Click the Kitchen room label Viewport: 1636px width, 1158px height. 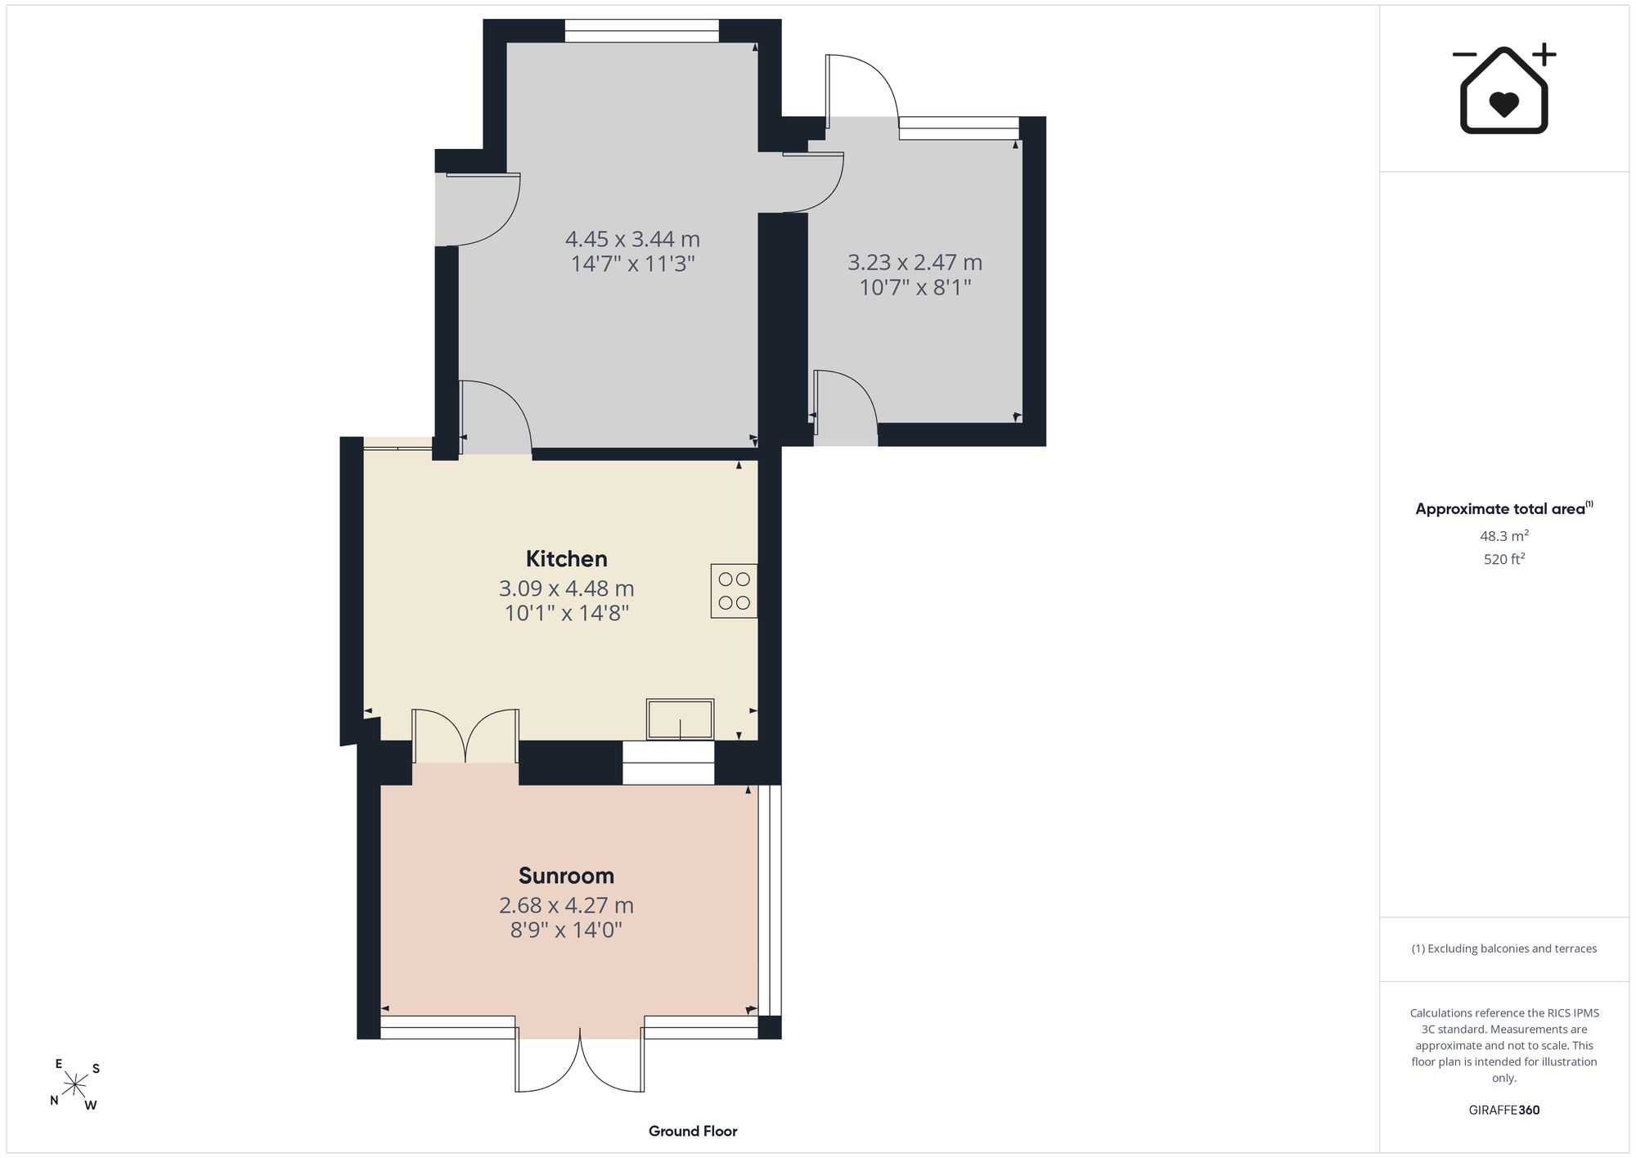pyautogui.click(x=566, y=559)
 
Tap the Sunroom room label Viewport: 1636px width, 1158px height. pyautogui.click(x=566, y=876)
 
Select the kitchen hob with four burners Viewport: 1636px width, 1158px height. pyautogui.click(x=734, y=591)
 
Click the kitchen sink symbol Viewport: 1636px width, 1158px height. pyautogui.click(x=680, y=719)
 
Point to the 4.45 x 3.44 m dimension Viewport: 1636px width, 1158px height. pyautogui.click(x=632, y=240)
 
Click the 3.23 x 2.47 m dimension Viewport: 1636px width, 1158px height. pyautogui.click(x=915, y=263)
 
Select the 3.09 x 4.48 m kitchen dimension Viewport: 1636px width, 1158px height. pyautogui.click(x=566, y=588)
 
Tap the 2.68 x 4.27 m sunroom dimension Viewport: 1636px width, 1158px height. pyautogui.click(x=566, y=905)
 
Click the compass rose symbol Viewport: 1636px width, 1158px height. pyautogui.click(x=75, y=1085)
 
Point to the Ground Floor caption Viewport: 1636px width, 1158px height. pyautogui.click(x=693, y=1131)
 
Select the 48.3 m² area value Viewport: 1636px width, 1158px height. pyautogui.click(x=1504, y=536)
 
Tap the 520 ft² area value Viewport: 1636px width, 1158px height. pyautogui.click(x=1504, y=559)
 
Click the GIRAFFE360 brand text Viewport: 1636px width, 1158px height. pyautogui.click(x=1504, y=1110)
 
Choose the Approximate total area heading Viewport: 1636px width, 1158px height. pyautogui.click(x=1504, y=508)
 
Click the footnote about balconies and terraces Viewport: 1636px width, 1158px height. pyautogui.click(x=1504, y=948)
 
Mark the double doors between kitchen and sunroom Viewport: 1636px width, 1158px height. pyautogui.click(x=465, y=736)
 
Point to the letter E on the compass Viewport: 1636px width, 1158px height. pyautogui.click(x=59, y=1064)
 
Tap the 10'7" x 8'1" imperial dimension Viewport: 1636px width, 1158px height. pyautogui.click(x=915, y=287)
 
